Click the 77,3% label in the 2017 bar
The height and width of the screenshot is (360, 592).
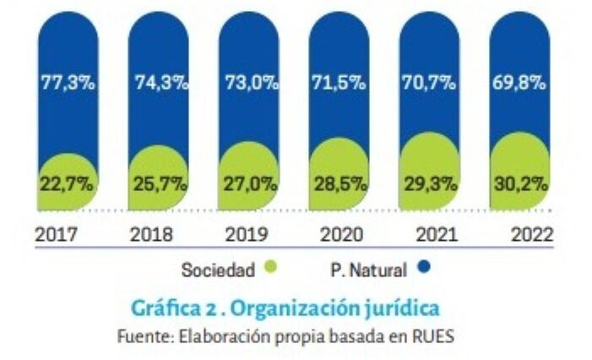[67, 83]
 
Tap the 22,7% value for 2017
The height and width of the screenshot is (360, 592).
[67, 182]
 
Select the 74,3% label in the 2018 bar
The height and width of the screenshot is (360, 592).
[160, 83]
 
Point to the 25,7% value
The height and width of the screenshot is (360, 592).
[160, 182]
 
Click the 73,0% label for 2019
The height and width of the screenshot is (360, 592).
[249, 83]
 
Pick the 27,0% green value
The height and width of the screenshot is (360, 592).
[249, 182]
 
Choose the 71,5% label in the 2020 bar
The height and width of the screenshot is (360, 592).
[339, 83]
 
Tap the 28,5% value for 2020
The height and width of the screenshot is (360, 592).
[339, 182]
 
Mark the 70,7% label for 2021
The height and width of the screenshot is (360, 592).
[430, 83]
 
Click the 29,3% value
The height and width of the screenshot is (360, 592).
[430, 182]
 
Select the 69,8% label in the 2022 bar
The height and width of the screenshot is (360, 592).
[519, 83]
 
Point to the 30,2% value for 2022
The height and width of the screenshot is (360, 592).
[519, 182]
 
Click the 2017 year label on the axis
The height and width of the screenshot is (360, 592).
[57, 234]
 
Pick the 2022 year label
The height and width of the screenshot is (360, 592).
[531, 234]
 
